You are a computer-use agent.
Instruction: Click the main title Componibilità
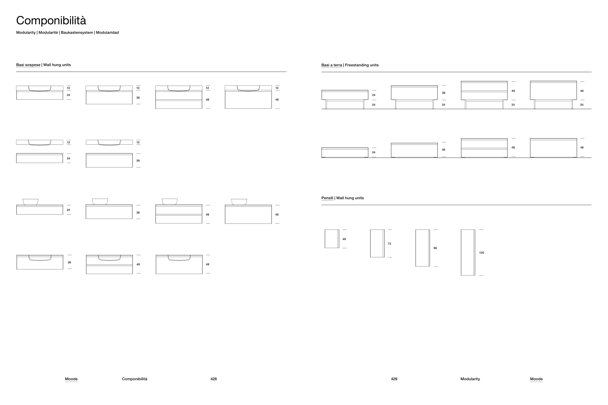coord(51,21)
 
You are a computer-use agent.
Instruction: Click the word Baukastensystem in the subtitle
coord(77,33)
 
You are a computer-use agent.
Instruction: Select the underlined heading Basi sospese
coord(28,65)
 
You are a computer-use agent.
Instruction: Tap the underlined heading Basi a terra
coord(332,65)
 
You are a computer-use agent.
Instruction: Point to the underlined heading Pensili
coord(327,198)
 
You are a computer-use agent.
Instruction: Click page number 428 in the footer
coord(214,379)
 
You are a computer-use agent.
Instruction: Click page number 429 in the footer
coord(394,379)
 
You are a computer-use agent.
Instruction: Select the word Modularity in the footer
coord(470,379)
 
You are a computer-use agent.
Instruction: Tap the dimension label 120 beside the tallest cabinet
coord(481,253)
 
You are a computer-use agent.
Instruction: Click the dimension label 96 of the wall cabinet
coord(435,248)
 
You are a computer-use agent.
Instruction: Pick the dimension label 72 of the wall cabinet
coord(389,244)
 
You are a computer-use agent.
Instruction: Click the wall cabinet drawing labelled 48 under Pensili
coord(332,239)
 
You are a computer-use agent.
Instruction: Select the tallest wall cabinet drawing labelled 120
coord(468,253)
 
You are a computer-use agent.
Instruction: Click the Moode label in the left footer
coord(71,379)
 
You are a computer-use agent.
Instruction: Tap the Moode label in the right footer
coord(536,379)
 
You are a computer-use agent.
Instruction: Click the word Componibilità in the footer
coord(134,379)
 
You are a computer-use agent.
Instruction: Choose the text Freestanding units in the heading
coord(362,65)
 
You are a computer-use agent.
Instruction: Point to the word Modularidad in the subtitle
coord(107,33)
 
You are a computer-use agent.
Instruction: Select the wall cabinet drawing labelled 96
coord(422,248)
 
